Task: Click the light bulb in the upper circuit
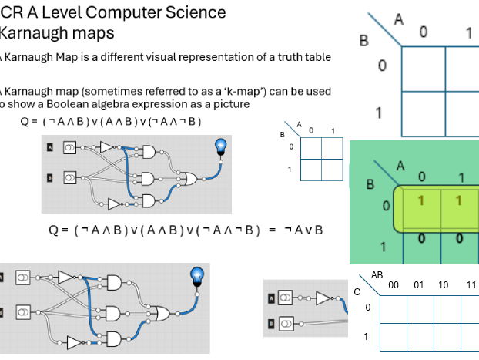click(x=221, y=146)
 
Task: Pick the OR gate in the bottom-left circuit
click(x=162, y=312)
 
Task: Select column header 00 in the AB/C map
click(x=394, y=284)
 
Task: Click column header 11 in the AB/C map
click(x=471, y=284)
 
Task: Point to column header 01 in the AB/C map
click(x=419, y=284)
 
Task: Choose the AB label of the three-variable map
click(x=377, y=274)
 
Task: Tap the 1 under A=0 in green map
click(x=422, y=201)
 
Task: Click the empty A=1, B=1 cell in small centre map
click(x=333, y=169)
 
